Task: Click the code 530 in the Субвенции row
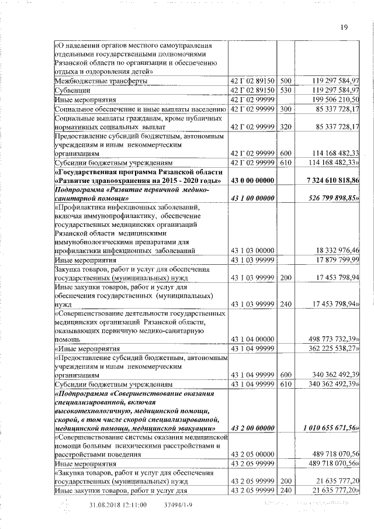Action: [286, 91]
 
